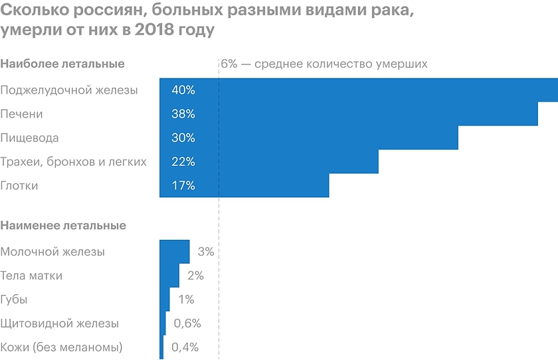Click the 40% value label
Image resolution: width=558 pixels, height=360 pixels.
(183, 90)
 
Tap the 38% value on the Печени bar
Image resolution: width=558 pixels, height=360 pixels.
(183, 114)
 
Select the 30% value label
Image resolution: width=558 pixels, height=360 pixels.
(183, 138)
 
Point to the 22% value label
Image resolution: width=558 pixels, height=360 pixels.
(183, 162)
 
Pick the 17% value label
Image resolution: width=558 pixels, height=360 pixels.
(183, 186)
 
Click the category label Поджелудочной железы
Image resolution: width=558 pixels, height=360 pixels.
(69, 90)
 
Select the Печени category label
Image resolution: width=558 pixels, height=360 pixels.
(22, 114)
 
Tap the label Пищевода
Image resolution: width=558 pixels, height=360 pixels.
(30, 138)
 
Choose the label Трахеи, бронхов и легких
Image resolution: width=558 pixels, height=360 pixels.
(73, 162)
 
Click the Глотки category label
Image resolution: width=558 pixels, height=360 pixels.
(19, 186)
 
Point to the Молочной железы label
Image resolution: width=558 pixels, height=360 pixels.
(52, 252)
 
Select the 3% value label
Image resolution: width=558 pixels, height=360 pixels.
(205, 252)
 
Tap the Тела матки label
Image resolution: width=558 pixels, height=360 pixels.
(31, 276)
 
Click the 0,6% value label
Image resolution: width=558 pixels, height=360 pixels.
(187, 323)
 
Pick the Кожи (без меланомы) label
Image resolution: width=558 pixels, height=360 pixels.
(62, 347)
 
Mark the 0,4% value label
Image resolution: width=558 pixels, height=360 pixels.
(185, 347)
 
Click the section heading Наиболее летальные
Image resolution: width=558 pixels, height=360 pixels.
(63, 64)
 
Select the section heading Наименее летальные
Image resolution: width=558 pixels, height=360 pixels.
(63, 226)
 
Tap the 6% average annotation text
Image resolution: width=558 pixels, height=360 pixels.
(324, 64)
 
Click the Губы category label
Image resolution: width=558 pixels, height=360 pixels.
(14, 300)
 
